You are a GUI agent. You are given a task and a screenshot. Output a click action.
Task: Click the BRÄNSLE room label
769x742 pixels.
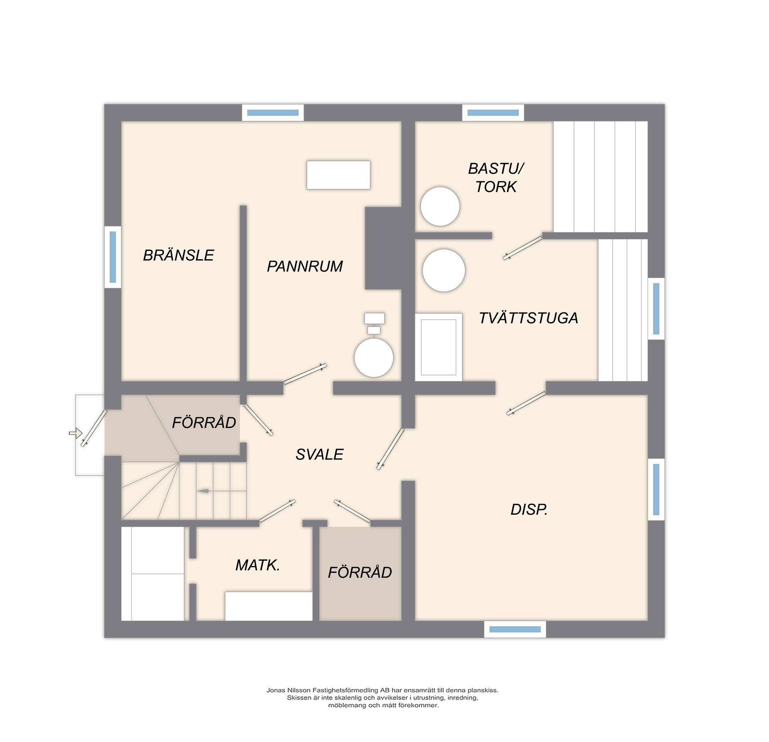pyautogui.click(x=179, y=255)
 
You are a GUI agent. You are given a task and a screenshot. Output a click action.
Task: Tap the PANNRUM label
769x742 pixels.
pyautogui.click(x=305, y=267)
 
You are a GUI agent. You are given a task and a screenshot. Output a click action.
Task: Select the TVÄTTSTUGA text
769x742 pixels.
pyautogui.click(x=528, y=318)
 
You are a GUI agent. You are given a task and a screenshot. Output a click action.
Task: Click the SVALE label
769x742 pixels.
pyautogui.click(x=319, y=455)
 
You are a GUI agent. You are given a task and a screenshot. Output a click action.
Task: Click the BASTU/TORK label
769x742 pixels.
pyautogui.click(x=496, y=178)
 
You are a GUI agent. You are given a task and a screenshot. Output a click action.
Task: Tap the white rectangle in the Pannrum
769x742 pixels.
pyautogui.click(x=338, y=175)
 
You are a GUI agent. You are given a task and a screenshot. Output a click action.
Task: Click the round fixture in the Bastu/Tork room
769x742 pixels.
pyautogui.click(x=440, y=207)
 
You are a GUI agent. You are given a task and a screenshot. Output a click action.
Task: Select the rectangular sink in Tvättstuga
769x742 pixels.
pyautogui.click(x=439, y=347)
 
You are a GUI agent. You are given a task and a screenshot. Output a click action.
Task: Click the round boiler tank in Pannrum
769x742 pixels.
pyautogui.click(x=374, y=357)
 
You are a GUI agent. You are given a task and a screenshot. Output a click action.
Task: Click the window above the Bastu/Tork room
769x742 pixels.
pyautogui.click(x=493, y=113)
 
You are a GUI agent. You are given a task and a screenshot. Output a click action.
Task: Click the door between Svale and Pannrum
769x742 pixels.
pyautogui.click(x=305, y=374)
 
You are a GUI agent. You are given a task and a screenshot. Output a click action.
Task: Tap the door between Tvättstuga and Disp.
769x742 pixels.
pyautogui.click(x=526, y=403)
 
